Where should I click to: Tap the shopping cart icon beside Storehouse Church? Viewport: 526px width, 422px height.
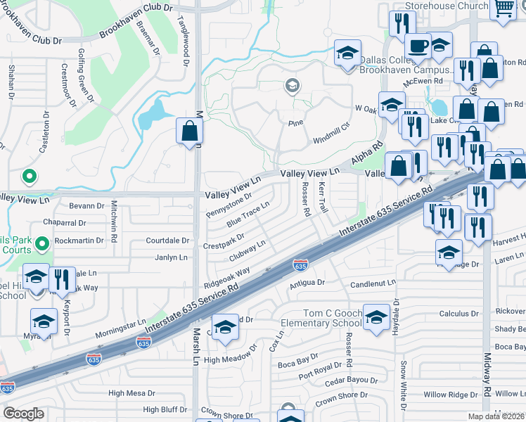coord(503,8)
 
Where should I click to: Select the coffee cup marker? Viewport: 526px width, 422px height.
coord(418,47)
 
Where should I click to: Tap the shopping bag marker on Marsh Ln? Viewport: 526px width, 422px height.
coord(190,130)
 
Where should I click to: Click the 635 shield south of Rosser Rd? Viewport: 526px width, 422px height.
coord(300,265)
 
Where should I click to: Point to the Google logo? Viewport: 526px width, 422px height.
coord(23,414)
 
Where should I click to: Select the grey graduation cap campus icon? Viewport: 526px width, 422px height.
coord(292,87)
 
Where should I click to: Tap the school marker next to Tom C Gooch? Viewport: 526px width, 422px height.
coord(376,318)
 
